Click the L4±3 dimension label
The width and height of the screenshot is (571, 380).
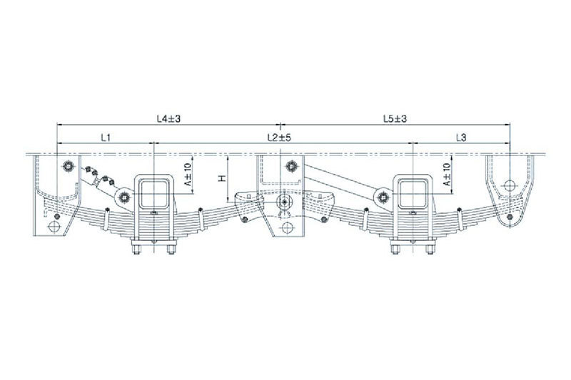[168, 118]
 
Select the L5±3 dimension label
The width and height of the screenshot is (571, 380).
[395, 118]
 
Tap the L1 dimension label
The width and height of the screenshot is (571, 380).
[106, 138]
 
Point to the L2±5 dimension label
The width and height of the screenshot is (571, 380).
[279, 138]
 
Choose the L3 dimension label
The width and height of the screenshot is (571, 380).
[460, 138]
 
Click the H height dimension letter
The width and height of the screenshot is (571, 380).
[222, 178]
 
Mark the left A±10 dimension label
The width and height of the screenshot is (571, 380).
[188, 175]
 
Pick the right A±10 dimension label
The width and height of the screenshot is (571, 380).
[447, 175]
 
